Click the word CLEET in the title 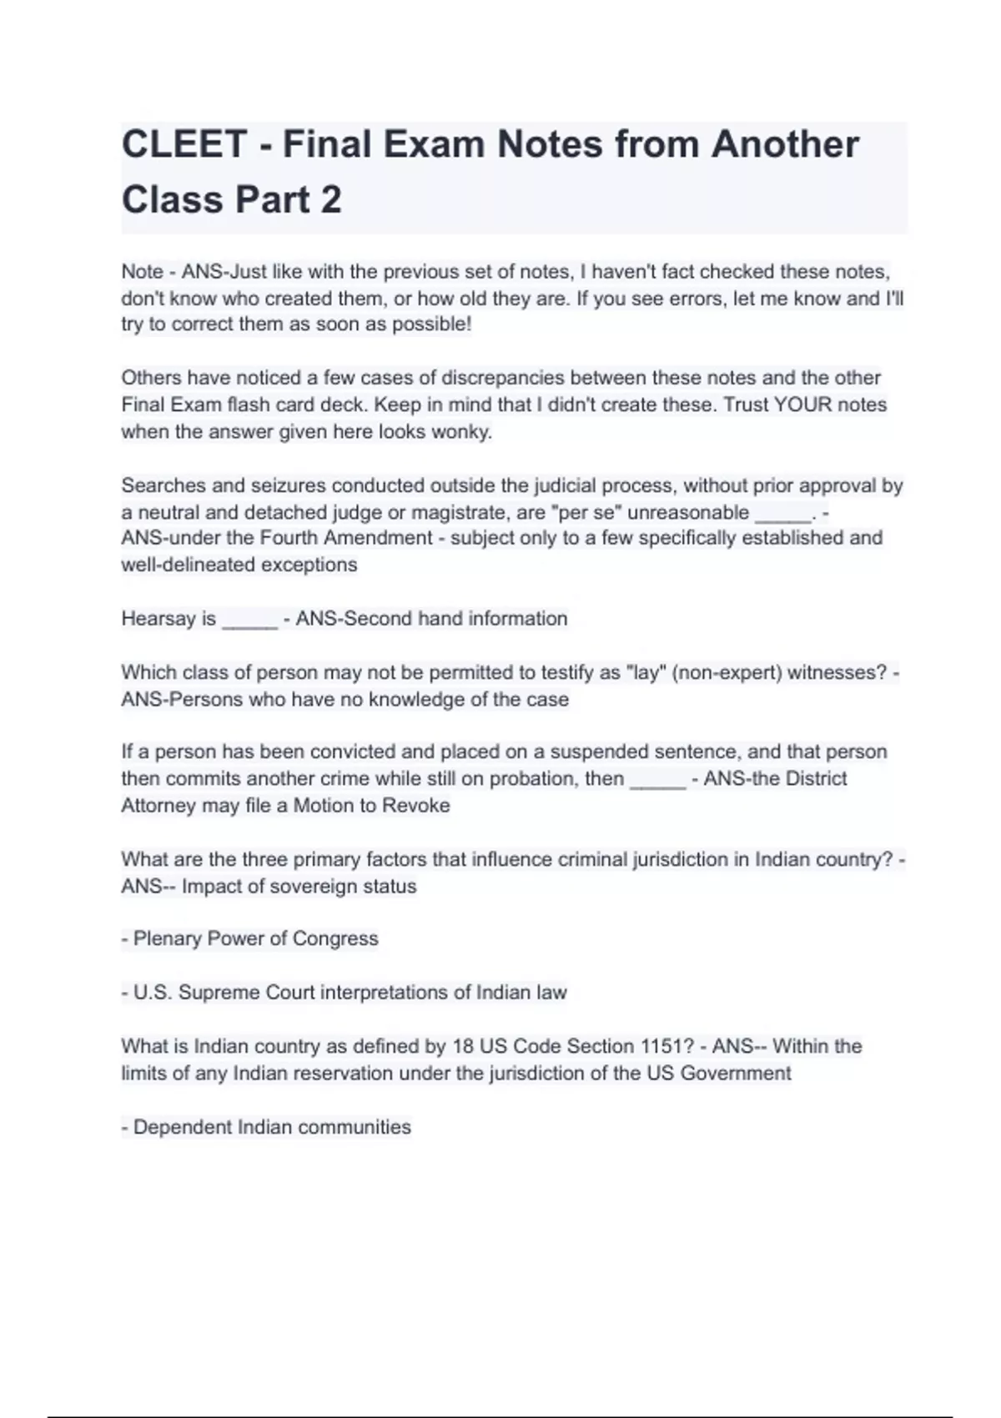[x=184, y=144]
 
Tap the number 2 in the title [x=330, y=200]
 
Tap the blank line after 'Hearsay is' [x=249, y=621]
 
